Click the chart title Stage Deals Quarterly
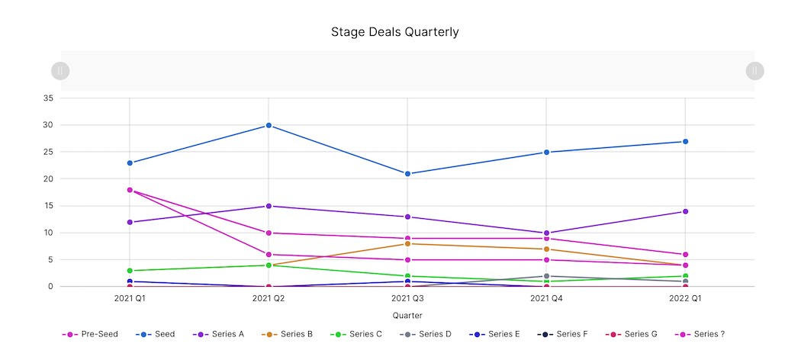(x=394, y=32)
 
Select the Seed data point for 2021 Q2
(x=269, y=125)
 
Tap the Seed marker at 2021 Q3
(x=407, y=174)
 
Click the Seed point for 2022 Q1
(x=685, y=142)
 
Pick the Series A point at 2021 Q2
(x=269, y=206)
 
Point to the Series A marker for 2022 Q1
(x=685, y=211)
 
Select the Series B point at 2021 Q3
(x=407, y=243)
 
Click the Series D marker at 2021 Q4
(x=546, y=276)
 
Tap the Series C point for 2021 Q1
(x=130, y=271)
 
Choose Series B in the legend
(x=288, y=334)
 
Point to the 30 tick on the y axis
(x=47, y=125)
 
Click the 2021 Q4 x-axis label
(x=546, y=298)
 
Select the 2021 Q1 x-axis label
(x=130, y=298)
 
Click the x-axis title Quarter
(x=407, y=315)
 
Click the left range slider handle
(x=60, y=71)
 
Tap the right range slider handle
(x=754, y=71)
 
